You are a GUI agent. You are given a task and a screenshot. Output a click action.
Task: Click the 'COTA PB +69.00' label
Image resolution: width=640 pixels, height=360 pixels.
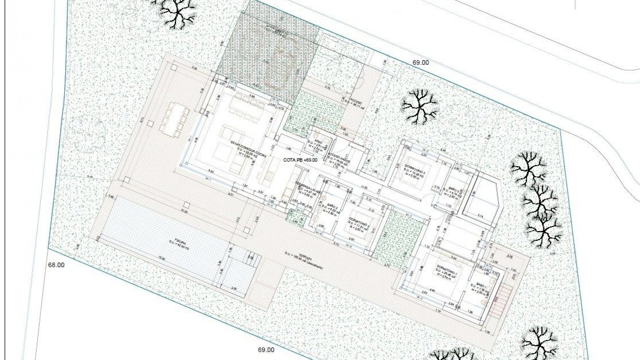coord(300,160)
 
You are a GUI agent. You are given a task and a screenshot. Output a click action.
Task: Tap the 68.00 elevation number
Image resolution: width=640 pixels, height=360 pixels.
coord(56,265)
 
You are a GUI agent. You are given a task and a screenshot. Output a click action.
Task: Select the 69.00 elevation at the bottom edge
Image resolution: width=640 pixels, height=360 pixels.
coord(266,350)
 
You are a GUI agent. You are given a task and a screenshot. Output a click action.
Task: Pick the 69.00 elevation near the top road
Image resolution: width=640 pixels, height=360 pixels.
coord(421,63)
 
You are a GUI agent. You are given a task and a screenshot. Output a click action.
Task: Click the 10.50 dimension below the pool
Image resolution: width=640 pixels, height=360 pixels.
coord(162,258)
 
